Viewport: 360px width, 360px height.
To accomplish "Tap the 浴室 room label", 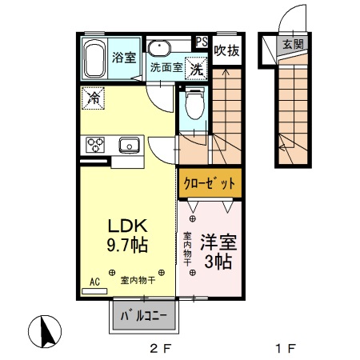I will pos(123,57).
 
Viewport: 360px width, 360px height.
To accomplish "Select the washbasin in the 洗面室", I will pos(159,46).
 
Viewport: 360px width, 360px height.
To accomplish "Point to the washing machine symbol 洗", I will pos(195,70).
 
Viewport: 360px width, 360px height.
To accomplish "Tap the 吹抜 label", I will pos(226,50).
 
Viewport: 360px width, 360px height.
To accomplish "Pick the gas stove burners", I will pos(96,145).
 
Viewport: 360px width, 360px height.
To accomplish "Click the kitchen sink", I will pos(130,145).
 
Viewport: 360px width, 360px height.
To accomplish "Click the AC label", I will pos(94,282).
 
